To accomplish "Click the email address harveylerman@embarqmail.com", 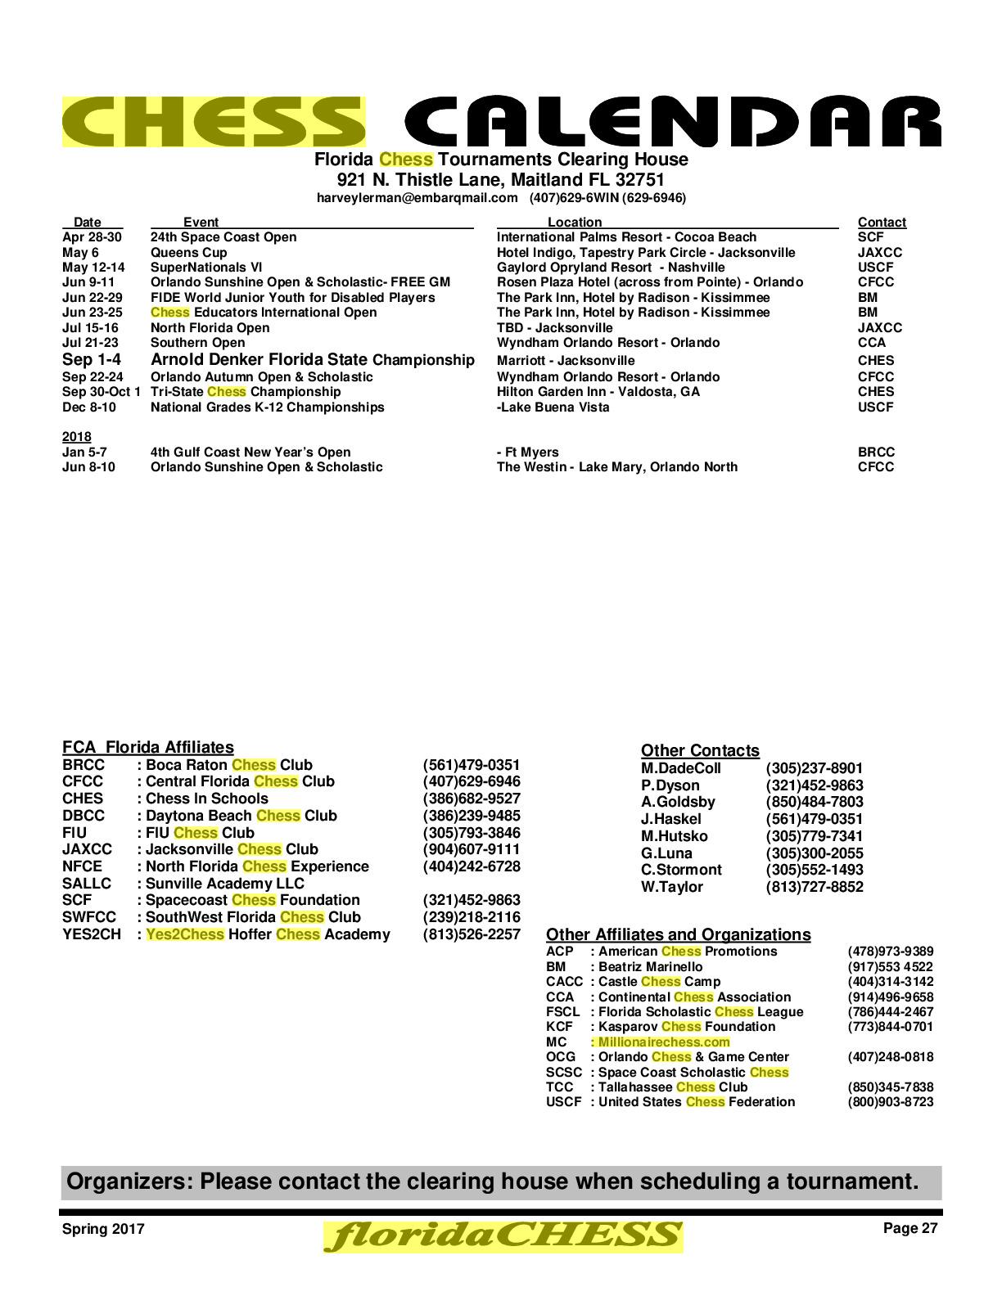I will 417,198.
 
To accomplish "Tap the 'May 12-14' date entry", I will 93,268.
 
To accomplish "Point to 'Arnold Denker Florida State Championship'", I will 312,360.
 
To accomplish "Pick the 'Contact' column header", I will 882,223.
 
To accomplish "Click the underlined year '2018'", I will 77,437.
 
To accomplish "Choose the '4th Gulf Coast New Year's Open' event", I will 250,452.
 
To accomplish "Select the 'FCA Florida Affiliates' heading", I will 148,747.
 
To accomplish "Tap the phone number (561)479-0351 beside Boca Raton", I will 471,765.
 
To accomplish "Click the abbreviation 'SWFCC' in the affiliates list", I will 89,917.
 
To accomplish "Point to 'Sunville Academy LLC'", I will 224,884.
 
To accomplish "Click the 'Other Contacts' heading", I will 700,751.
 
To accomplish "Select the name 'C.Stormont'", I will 681,870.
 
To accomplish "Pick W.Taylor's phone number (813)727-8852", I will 815,887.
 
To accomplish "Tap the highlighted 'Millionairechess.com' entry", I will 663,1042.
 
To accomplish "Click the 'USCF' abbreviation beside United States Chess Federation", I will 563,1102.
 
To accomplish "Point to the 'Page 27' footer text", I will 910,1228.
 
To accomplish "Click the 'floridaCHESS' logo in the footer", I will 503,1236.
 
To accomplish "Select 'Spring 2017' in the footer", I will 103,1229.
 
